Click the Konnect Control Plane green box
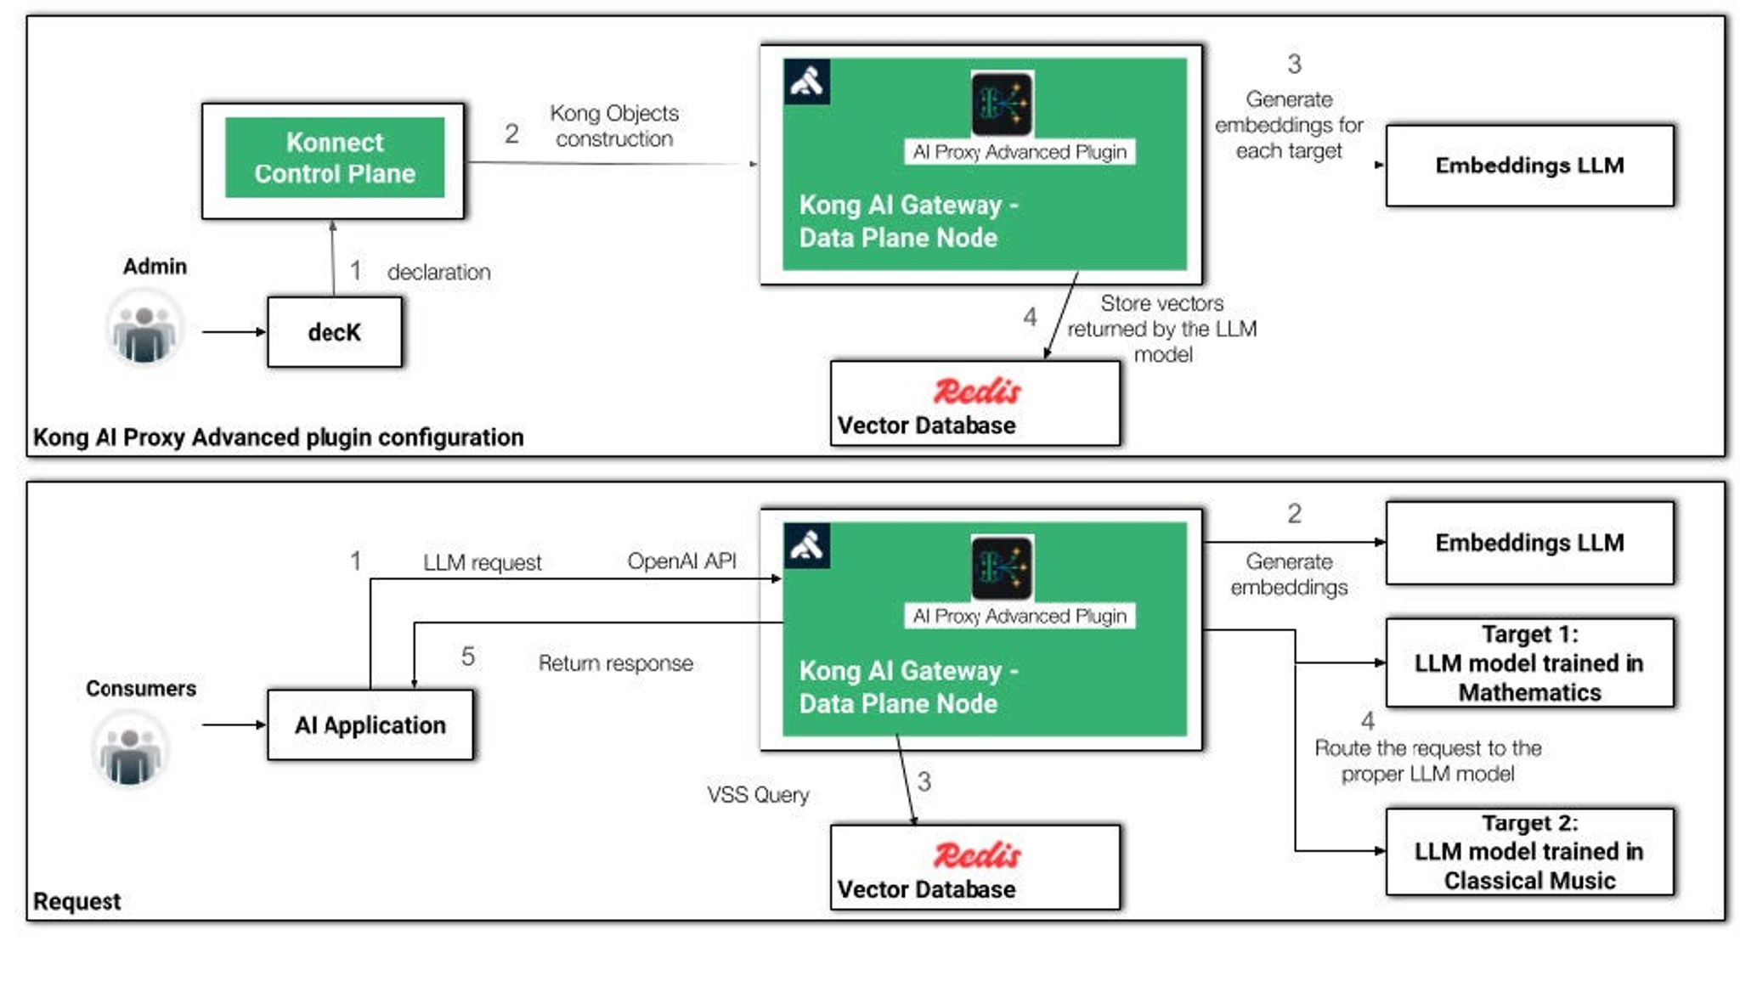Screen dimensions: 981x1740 pos(334,158)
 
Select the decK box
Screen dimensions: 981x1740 pos(334,332)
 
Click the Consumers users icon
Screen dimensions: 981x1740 pos(129,749)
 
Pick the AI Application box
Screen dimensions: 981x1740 pos(370,724)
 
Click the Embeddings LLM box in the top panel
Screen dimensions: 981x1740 pos(1528,166)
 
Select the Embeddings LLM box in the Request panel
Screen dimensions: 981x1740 pos(1528,543)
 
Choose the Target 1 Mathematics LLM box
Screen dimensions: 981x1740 pos(1528,662)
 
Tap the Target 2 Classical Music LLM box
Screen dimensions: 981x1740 pos(1528,852)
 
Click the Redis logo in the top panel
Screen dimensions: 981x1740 pos(977,391)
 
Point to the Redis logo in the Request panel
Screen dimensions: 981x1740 pos(977,855)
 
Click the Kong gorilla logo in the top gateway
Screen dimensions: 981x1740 pos(806,82)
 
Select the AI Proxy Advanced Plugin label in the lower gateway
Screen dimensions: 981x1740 pos(1019,616)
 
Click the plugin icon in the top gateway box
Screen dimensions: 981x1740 pos(1002,104)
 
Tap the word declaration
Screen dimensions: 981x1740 pos(438,273)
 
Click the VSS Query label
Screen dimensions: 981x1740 pos(757,795)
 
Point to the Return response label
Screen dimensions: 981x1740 pos(615,663)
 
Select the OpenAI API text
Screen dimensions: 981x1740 pos(681,561)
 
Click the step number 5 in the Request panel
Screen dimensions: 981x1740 pos(467,657)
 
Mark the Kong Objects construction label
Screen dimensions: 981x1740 pos(613,126)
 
